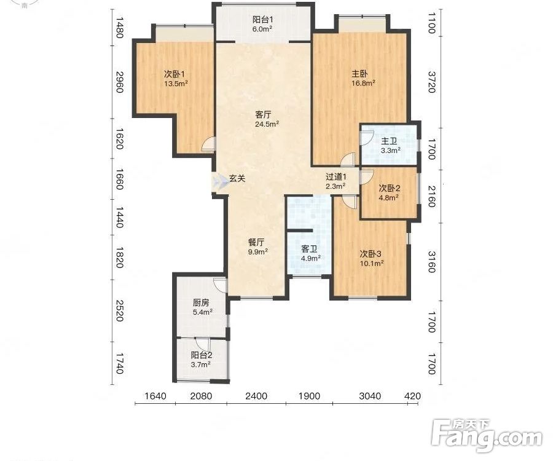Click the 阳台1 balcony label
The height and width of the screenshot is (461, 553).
click(263, 20)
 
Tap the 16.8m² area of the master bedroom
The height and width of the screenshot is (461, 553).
click(363, 83)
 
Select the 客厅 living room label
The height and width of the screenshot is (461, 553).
click(263, 114)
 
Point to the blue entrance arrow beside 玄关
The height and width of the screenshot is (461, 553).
click(220, 180)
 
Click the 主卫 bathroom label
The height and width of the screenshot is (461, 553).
click(390, 141)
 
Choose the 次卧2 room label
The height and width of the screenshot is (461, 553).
click(390, 188)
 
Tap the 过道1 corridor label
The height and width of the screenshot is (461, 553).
click(336, 176)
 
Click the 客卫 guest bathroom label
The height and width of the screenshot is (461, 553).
click(309, 250)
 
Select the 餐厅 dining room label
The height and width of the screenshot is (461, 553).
click(256, 242)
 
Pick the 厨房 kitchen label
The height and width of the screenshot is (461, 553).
click(201, 302)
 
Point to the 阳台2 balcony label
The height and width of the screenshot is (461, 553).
click(202, 355)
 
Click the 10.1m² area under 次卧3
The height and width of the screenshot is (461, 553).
click(372, 263)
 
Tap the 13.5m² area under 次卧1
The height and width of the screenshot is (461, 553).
click(176, 84)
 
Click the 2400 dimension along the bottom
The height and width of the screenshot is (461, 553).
click(256, 396)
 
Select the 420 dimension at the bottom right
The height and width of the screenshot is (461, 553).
click(413, 396)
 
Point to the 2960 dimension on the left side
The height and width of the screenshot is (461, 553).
click(120, 82)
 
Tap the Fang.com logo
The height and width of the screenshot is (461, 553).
click(487, 436)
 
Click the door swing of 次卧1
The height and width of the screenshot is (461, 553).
click(208, 144)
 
